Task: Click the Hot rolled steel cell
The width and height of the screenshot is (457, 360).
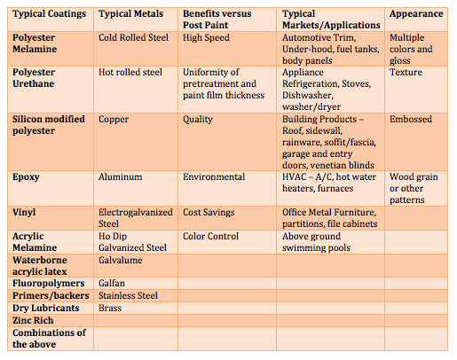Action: [x=134, y=71]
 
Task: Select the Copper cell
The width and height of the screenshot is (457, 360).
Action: [x=114, y=119]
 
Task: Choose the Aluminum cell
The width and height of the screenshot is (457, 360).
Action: [x=122, y=176]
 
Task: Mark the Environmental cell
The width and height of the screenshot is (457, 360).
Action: [x=214, y=176]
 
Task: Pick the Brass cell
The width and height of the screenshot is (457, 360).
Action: [x=112, y=308]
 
